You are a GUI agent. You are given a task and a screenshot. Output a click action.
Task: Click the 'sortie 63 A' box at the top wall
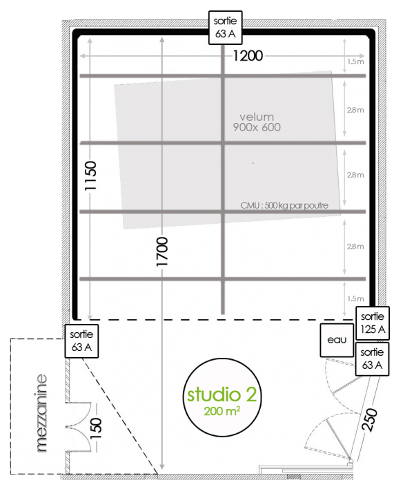click(x=225, y=28)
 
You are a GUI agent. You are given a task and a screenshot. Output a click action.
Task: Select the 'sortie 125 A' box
click(x=372, y=323)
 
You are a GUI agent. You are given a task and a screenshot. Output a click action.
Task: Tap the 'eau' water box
click(x=337, y=340)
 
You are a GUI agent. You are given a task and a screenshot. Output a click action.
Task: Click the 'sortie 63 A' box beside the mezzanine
click(x=81, y=341)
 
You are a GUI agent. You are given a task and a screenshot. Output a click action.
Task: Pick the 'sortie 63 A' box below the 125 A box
click(x=372, y=359)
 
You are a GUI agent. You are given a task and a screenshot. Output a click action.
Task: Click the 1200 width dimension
click(x=248, y=56)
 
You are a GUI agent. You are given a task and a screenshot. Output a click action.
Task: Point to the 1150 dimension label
click(x=90, y=175)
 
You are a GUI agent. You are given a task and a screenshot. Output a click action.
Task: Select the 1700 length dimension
click(x=162, y=251)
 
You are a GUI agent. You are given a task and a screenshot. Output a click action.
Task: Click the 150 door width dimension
click(x=96, y=428)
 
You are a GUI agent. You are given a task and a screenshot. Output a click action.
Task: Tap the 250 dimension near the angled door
click(x=370, y=420)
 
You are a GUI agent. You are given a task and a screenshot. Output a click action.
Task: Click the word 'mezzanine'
click(x=41, y=413)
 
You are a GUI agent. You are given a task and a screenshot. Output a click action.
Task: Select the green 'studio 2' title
click(x=222, y=394)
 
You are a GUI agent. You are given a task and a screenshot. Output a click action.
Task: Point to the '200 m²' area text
click(x=222, y=411)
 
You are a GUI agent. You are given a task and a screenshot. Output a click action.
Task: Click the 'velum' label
click(x=257, y=117)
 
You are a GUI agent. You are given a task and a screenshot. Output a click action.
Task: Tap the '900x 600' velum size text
click(x=257, y=127)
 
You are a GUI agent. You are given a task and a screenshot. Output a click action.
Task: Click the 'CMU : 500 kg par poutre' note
click(x=284, y=205)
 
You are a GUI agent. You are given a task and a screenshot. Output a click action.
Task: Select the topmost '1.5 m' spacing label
click(x=355, y=61)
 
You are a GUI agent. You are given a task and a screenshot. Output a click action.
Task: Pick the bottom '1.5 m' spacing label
click(x=355, y=298)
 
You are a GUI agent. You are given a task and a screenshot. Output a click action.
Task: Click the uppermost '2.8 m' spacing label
click(x=355, y=110)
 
